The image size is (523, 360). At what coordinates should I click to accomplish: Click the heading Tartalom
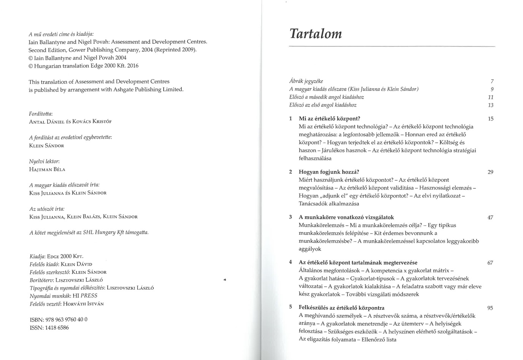316,33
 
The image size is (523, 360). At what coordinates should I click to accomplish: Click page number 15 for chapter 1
490,119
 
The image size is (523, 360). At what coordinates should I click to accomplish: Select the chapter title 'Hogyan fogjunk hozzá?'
329,172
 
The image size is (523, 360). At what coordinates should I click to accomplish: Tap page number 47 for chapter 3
490,218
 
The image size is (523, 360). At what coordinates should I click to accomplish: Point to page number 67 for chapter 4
490,263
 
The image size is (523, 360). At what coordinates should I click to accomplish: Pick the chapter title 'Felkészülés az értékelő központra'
342,308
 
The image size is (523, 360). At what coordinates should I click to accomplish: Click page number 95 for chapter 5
490,308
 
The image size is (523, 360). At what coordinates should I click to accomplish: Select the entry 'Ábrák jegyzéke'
306,81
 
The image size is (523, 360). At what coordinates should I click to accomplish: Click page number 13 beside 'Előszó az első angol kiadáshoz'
491,105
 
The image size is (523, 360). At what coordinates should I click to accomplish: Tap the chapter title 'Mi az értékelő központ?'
329,119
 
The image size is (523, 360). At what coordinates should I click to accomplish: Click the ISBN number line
59,320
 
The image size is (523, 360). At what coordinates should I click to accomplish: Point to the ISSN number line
49,328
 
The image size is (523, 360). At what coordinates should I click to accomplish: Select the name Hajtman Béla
47,170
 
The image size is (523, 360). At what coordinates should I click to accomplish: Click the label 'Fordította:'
41,114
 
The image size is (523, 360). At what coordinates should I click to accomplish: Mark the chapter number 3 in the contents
291,217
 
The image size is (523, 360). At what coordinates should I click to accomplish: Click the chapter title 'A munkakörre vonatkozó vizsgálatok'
346,217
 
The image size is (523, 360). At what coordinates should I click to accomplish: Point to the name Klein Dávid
77,264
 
